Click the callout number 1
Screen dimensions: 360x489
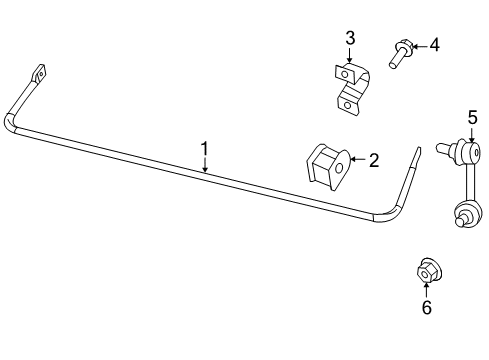click(x=204, y=150)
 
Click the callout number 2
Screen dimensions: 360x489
click(x=373, y=158)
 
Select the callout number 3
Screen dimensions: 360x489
click(x=350, y=38)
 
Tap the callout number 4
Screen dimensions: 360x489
click(x=434, y=45)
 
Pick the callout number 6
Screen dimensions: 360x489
click(x=426, y=308)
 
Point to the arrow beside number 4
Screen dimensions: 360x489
click(x=420, y=45)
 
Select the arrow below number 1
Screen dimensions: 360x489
click(x=204, y=166)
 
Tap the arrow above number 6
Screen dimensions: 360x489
click(x=426, y=290)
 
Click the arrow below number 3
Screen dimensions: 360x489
click(x=350, y=55)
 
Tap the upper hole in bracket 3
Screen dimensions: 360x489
click(x=345, y=73)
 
